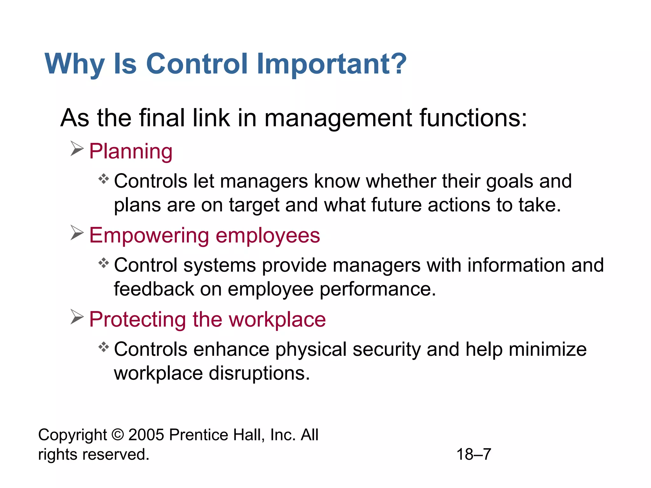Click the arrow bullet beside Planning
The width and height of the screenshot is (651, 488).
coord(77,149)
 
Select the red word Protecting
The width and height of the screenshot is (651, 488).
coord(137,319)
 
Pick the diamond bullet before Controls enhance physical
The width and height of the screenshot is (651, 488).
coord(104,347)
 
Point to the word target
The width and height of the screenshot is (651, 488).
coord(254,206)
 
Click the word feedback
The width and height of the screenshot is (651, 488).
coord(154,289)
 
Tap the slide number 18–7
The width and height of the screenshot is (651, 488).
coord(474,454)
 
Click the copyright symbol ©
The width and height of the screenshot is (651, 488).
coord(118,435)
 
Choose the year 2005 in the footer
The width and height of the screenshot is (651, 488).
coord(146,435)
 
